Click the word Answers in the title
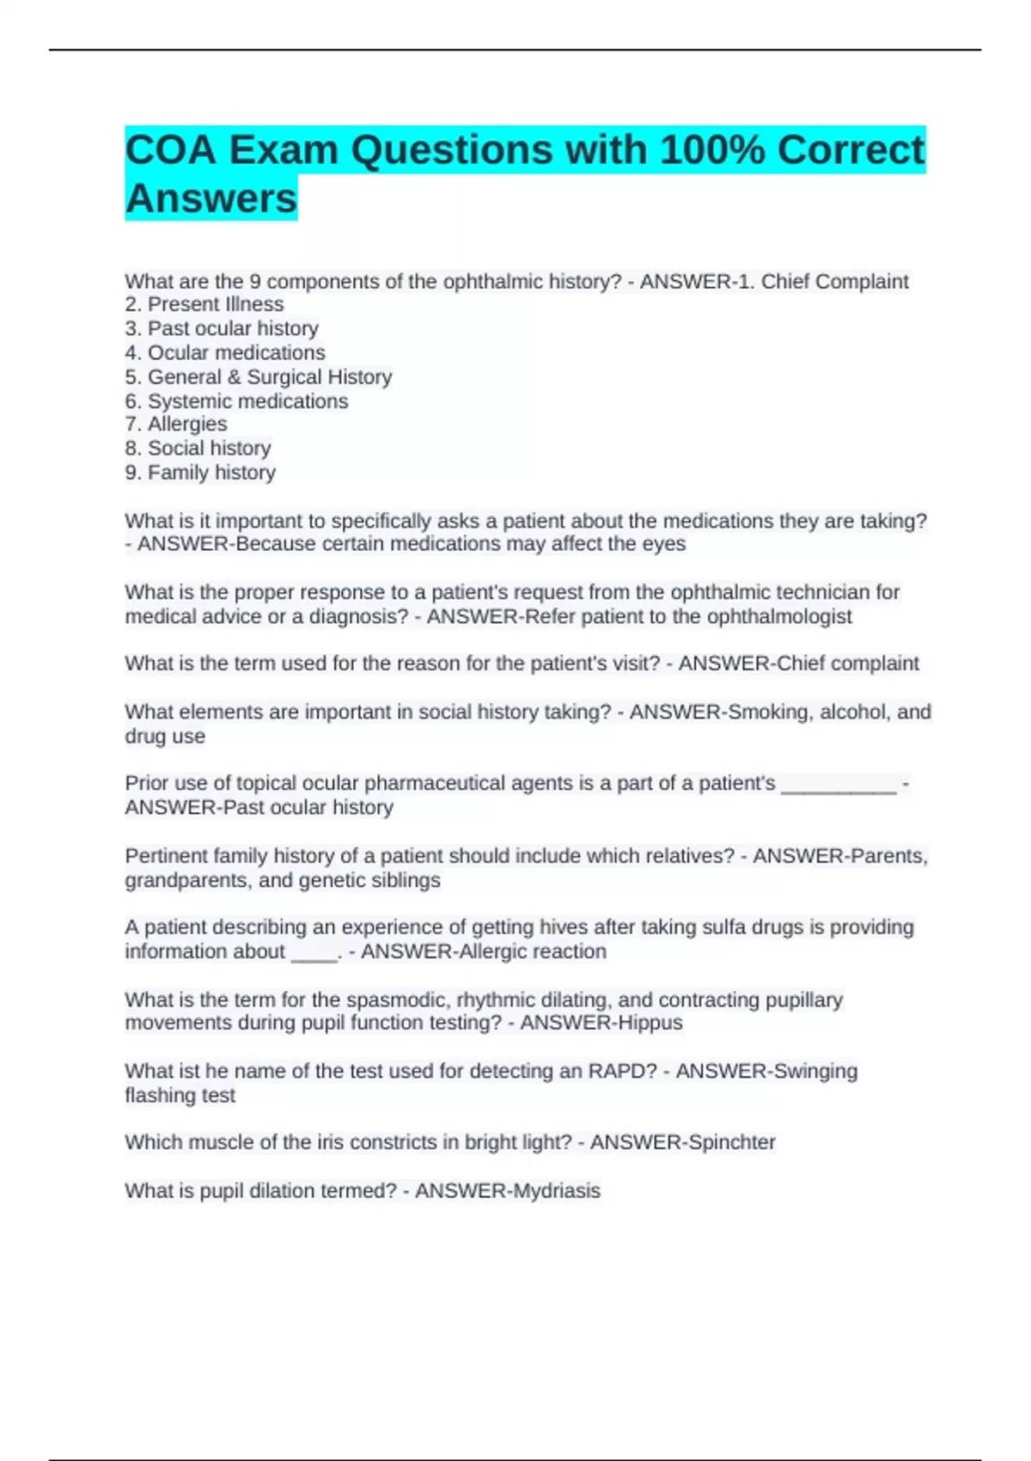(x=210, y=199)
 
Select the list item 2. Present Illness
(x=204, y=304)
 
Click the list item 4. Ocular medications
(x=225, y=352)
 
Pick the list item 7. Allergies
(x=176, y=425)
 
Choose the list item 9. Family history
(x=200, y=473)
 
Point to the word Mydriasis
(x=555, y=1191)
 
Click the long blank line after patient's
(x=839, y=784)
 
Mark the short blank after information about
(x=314, y=952)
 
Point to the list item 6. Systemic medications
(x=236, y=401)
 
